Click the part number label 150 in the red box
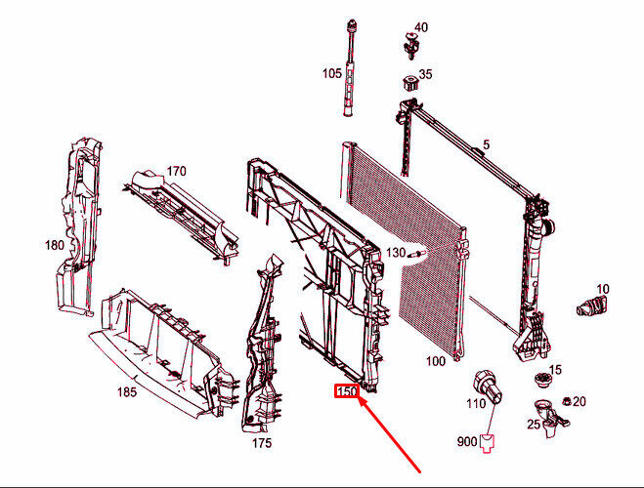point(347,391)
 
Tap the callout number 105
point(332,73)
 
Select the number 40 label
point(421,27)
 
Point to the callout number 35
point(425,74)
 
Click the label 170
point(176,171)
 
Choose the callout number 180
point(54,245)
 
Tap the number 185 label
point(127,392)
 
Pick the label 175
point(262,443)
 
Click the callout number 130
point(396,252)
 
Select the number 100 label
point(435,361)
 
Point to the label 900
point(467,442)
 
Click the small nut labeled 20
point(567,401)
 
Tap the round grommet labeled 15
point(542,379)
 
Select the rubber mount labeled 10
point(592,305)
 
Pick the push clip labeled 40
point(411,45)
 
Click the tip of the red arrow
point(360,398)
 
